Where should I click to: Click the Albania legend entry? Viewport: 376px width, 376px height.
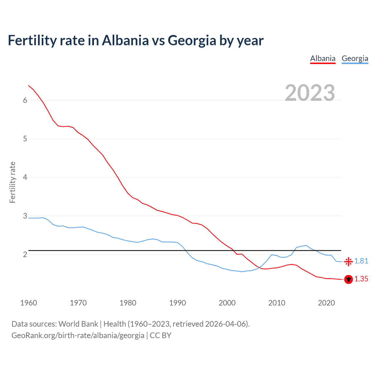point(323,58)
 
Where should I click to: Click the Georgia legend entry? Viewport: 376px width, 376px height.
point(355,58)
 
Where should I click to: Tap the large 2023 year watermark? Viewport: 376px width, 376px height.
point(310,93)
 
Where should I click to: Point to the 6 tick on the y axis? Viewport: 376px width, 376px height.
point(25,100)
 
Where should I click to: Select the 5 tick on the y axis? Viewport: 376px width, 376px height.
point(25,139)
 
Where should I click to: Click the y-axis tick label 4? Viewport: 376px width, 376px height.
point(25,177)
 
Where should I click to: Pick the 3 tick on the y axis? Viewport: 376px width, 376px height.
point(25,216)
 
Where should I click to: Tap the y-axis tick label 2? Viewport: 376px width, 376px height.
point(25,254)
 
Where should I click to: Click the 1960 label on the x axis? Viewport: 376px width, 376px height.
point(28,303)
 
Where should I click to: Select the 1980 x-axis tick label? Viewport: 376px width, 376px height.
point(128,303)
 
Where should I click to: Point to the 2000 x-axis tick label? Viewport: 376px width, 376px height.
point(227,303)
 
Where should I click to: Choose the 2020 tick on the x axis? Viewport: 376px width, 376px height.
point(326,303)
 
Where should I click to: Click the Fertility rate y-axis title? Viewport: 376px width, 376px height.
point(12,182)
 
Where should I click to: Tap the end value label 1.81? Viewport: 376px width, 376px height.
point(361,261)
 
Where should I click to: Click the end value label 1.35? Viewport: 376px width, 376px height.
point(361,279)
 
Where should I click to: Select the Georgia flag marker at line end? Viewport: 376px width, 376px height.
point(348,261)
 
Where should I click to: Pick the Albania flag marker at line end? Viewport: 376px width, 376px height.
point(348,279)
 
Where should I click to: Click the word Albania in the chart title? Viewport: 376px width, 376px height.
point(125,40)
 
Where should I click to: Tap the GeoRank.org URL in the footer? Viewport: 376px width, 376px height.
point(78,335)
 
